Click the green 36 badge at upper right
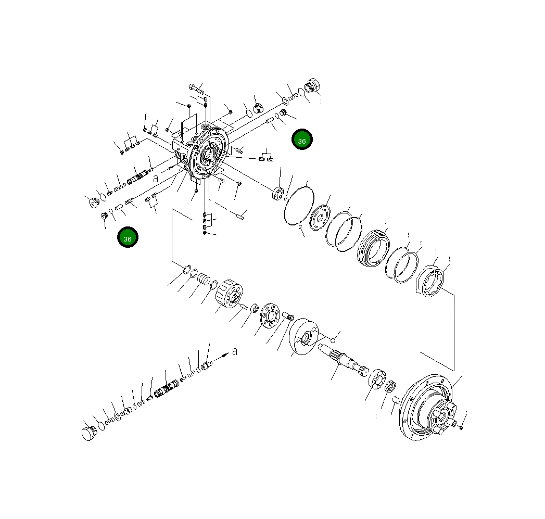302,140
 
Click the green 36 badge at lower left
128,237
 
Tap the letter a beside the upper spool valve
155,178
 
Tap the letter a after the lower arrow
235,351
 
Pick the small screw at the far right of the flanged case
462,427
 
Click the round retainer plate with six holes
270,316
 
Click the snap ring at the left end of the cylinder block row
185,269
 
